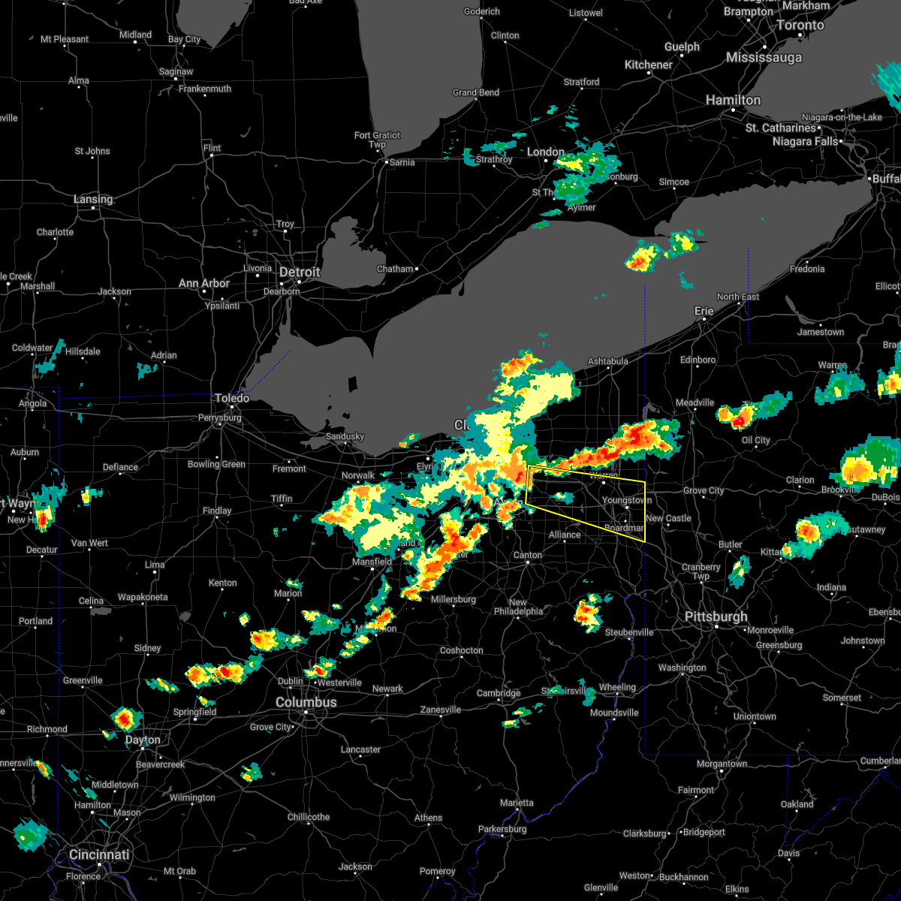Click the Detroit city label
300,272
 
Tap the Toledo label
232,398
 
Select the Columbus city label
306,703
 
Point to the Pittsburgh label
716,617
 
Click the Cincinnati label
99,855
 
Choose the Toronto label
800,26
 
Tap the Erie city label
704,311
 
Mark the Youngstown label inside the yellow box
627,500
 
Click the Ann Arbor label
204,284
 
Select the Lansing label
93,200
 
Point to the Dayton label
143,740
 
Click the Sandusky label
345,436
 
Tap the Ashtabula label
607,361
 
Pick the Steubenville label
629,632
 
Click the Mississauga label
764,58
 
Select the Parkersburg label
502,829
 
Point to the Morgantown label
722,764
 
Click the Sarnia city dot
386,162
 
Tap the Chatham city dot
417,268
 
